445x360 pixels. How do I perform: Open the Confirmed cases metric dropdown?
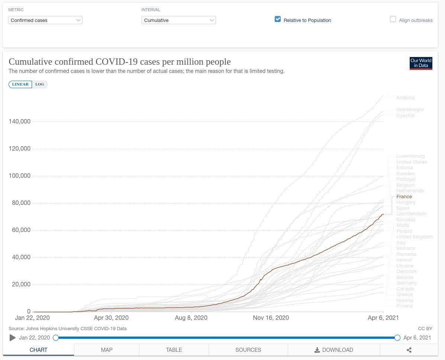click(x=45, y=20)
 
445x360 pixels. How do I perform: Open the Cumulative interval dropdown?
click(x=178, y=20)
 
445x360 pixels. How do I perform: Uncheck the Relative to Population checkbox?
click(x=278, y=19)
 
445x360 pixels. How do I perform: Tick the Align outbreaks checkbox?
click(x=393, y=19)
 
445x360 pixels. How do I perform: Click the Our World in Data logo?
click(x=421, y=63)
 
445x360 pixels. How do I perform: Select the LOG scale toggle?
click(x=40, y=84)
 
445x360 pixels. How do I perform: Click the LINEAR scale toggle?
click(x=20, y=84)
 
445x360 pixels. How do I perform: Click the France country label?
click(x=404, y=196)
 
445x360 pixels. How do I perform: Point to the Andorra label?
click(x=405, y=98)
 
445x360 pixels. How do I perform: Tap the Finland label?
click(x=404, y=306)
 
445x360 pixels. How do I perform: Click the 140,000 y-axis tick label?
click(x=19, y=122)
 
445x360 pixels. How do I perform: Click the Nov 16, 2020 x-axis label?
click(x=271, y=318)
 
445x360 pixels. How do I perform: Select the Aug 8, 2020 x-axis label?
click(x=191, y=318)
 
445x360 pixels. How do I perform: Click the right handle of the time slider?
click(x=397, y=338)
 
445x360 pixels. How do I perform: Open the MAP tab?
click(x=106, y=350)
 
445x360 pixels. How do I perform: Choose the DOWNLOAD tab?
click(x=334, y=350)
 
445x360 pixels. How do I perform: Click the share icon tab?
click(x=409, y=350)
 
